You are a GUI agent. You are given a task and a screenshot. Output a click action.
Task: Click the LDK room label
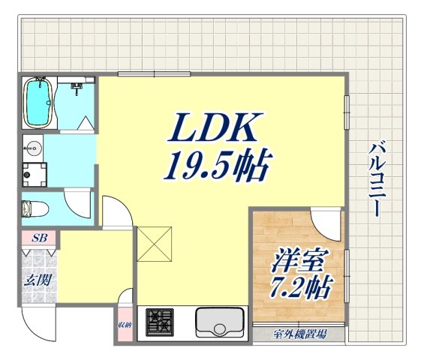[216, 130]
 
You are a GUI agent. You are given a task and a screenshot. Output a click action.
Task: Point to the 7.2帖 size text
[298, 287]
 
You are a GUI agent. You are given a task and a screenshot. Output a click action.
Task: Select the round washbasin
[33, 146]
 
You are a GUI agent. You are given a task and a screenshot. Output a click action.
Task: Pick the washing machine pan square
[34, 174]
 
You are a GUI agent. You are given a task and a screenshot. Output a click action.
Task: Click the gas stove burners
[158, 322]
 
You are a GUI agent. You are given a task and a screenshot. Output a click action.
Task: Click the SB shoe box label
[40, 238]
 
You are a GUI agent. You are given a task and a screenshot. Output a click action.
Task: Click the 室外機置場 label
[299, 334]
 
